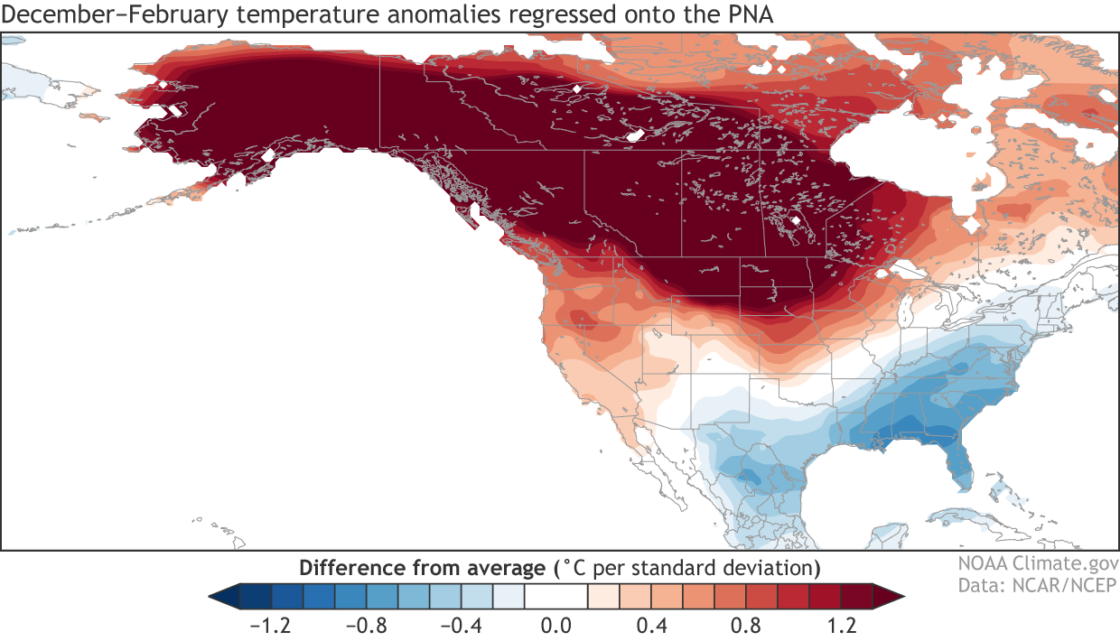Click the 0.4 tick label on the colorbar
tap(651, 625)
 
